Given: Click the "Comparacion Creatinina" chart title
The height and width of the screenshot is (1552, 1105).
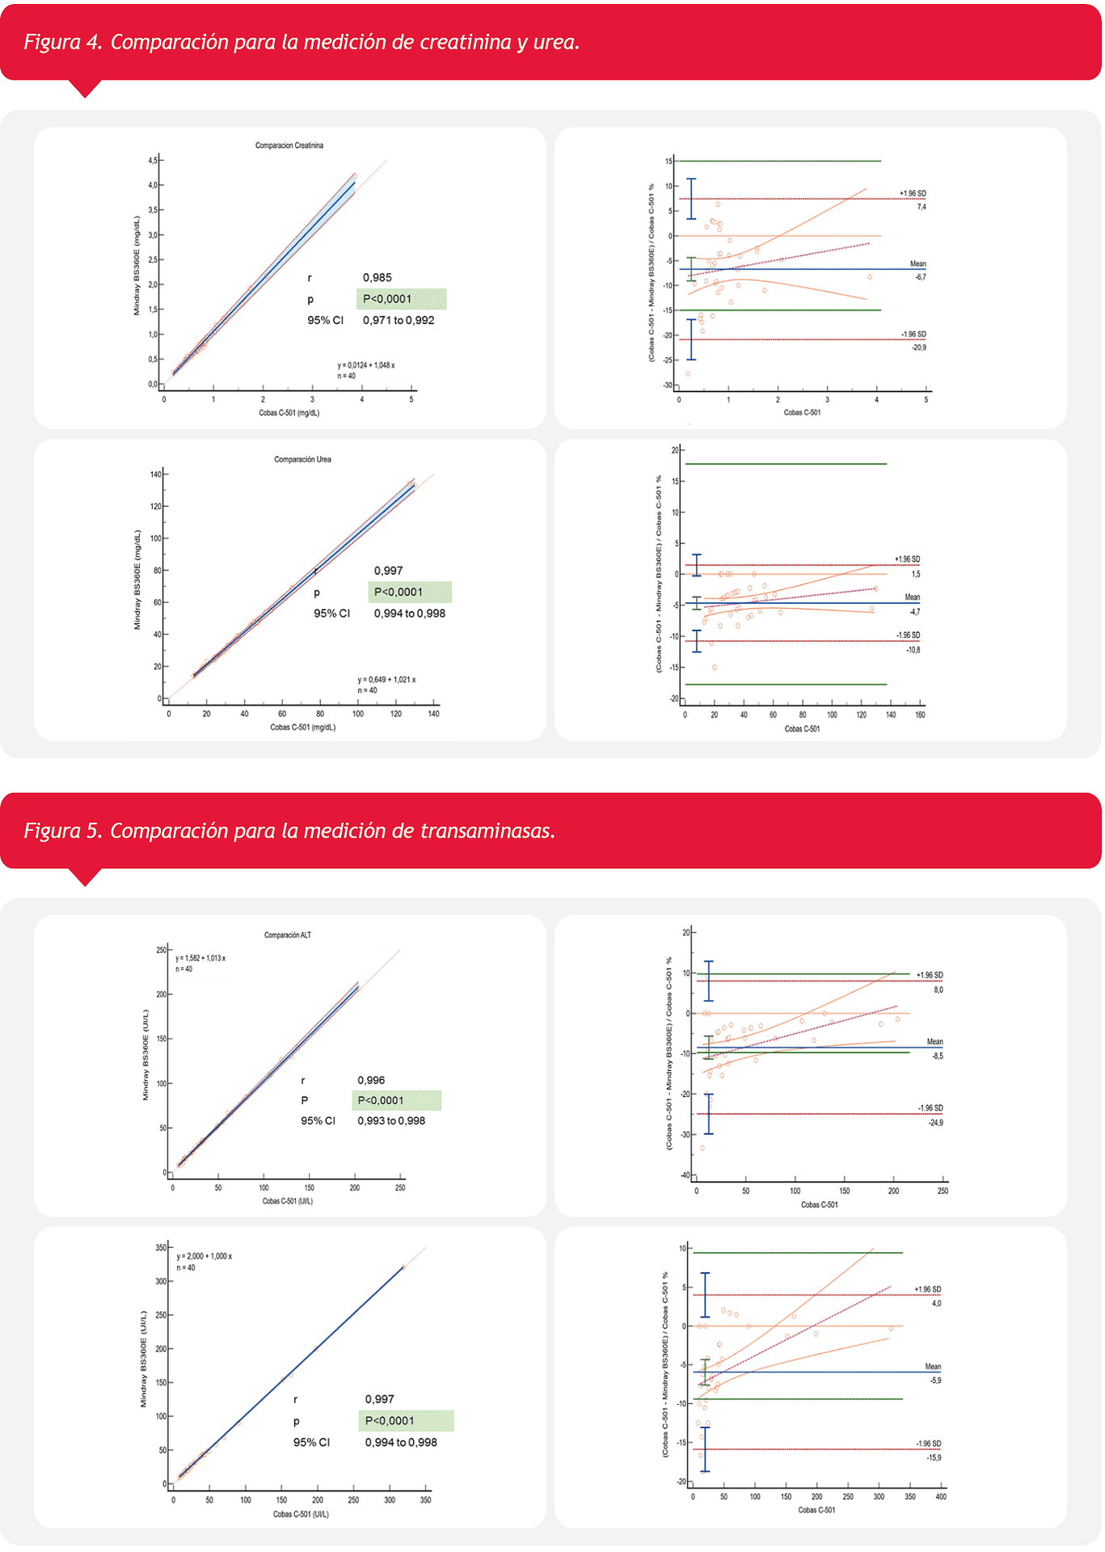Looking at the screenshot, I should click(x=289, y=145).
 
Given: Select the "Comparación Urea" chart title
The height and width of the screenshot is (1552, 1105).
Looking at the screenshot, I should click(x=302, y=459).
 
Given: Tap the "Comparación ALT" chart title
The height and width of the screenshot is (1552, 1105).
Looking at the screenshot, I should click(x=287, y=935).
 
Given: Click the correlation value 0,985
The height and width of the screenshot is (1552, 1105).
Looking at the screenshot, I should click(x=377, y=277).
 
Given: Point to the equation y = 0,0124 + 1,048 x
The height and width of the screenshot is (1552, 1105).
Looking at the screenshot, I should click(x=365, y=365).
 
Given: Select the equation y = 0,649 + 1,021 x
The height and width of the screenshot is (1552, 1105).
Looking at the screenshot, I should click(x=386, y=680).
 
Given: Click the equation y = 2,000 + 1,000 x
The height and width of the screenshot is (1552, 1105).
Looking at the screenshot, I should click(x=204, y=1256).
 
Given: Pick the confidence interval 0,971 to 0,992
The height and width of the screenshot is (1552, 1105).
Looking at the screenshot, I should click(x=399, y=320).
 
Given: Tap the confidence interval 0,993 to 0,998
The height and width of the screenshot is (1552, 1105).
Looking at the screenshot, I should click(x=391, y=1120).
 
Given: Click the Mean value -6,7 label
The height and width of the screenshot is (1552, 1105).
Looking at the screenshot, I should click(x=920, y=277).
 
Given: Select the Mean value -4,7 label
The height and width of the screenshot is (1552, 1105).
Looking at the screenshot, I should click(x=914, y=612).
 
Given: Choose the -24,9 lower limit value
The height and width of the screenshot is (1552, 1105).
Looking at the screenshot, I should click(x=935, y=1123).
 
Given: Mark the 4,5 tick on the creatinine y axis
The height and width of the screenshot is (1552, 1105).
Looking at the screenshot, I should click(x=153, y=161).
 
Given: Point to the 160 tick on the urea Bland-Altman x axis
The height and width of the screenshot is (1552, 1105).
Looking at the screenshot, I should click(x=920, y=715).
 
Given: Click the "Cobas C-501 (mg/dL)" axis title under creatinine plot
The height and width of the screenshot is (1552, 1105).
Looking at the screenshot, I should click(x=289, y=413).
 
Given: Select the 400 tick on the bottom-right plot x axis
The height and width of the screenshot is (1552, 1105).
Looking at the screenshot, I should click(x=940, y=1497).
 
